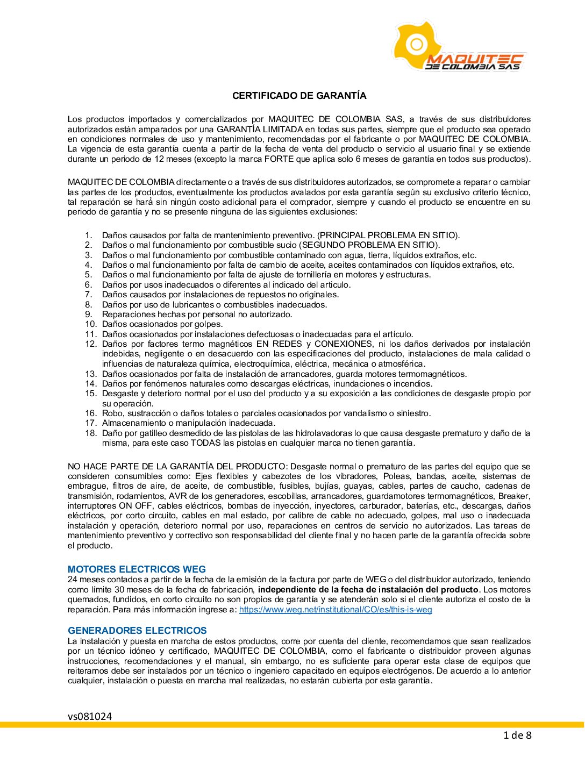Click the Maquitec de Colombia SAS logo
tap(458, 47)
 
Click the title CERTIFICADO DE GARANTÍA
tap(299, 96)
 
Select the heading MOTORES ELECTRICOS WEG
tap(137, 569)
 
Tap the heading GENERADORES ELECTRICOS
tap(137, 631)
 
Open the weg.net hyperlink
tap(336, 610)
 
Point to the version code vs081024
tap(90, 716)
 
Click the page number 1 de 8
tap(517, 735)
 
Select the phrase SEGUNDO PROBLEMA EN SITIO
tap(369, 245)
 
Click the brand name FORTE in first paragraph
tap(279, 159)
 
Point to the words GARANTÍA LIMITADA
tap(260, 130)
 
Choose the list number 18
tap(91, 433)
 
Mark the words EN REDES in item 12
tap(280, 344)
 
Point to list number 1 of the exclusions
tap(89, 235)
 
